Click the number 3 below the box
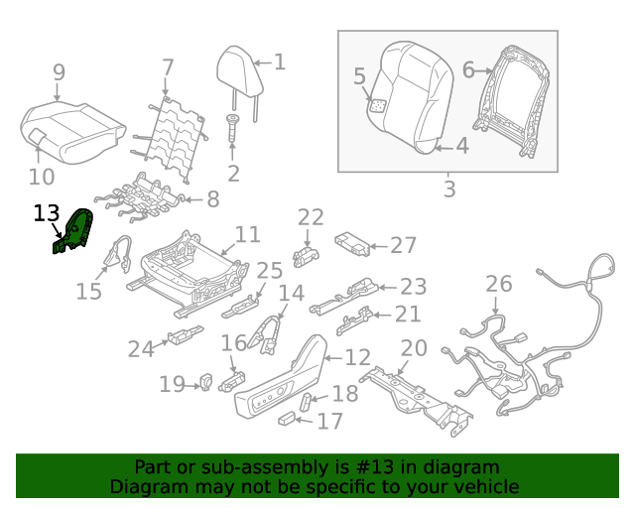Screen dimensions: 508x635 449,189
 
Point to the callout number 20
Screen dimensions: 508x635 414,348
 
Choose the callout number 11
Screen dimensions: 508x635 247,235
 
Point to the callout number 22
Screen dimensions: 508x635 311,217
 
